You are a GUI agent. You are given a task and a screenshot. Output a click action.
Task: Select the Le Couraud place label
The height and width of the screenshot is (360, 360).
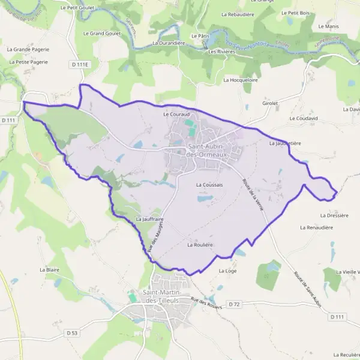coord(176,113)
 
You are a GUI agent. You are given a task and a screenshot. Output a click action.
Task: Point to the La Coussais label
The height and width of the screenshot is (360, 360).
coord(209,185)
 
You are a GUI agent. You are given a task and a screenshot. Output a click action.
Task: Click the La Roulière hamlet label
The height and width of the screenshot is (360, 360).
coord(200,244)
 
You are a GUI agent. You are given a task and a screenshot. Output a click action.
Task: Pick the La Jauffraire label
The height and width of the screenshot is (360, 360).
coord(150,219)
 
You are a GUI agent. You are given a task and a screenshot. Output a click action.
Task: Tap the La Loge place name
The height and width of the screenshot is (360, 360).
coord(229,271)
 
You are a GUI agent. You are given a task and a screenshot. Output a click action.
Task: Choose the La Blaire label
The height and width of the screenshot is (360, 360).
coord(50,270)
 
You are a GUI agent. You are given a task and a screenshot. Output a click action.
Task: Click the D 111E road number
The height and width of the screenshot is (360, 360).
coord(79,64)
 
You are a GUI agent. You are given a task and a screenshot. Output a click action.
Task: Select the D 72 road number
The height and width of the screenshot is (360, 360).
coord(235,305)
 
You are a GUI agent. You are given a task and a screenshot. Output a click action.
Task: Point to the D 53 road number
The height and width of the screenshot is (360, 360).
coord(72,332)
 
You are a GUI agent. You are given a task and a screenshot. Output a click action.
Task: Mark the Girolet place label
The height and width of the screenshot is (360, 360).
coord(271,103)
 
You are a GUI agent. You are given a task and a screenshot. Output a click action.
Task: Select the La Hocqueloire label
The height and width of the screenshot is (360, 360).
coord(240,79)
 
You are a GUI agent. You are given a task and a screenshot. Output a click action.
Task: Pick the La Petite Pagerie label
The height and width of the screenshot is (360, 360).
coord(29,62)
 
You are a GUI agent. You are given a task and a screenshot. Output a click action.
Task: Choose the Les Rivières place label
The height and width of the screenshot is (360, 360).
coord(221,52)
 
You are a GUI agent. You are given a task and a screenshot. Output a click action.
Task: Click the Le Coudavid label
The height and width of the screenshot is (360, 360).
coord(303,118)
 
